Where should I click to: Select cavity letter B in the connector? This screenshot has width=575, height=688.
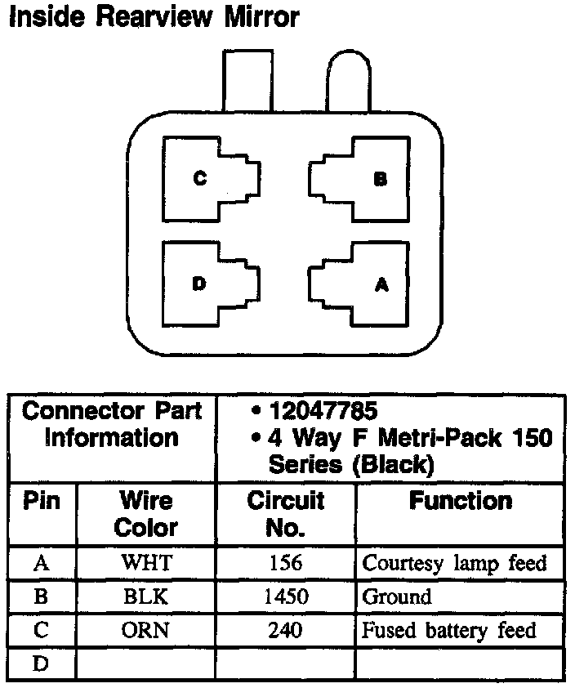(x=380, y=179)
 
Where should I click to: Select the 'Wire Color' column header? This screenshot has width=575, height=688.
(x=145, y=513)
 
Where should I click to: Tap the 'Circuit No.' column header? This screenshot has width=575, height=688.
(x=285, y=513)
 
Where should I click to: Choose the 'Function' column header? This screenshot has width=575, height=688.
(x=461, y=501)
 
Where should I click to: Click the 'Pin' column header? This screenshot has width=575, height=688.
(x=42, y=501)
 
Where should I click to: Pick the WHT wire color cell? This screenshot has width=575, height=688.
(x=145, y=563)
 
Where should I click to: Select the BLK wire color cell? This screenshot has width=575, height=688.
(x=145, y=596)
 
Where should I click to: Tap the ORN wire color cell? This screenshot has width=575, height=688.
(x=145, y=630)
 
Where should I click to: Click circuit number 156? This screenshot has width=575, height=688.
(x=285, y=563)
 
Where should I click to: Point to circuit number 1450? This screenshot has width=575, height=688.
(x=285, y=596)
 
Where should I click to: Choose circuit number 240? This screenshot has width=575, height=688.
(x=285, y=630)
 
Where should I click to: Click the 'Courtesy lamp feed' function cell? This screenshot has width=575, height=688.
(x=454, y=563)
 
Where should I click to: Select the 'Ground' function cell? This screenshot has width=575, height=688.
(x=396, y=596)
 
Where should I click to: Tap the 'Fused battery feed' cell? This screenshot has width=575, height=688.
(x=449, y=630)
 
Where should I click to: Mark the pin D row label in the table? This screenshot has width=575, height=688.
(x=42, y=663)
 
